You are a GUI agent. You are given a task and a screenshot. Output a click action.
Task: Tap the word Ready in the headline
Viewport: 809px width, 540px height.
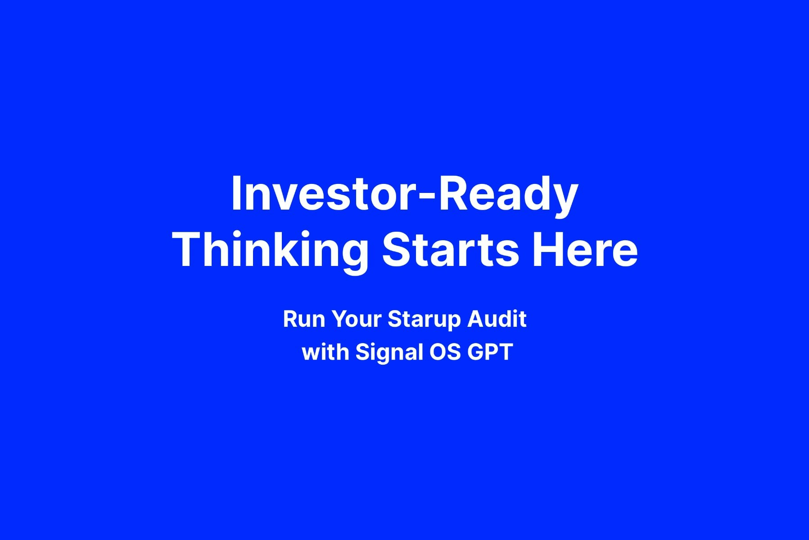click(x=508, y=196)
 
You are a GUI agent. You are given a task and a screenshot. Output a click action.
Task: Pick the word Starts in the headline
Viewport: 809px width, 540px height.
click(x=451, y=250)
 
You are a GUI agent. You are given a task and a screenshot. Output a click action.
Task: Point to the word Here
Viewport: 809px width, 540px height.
click(x=585, y=250)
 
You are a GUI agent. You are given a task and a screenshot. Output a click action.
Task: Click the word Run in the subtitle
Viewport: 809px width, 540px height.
click(x=304, y=319)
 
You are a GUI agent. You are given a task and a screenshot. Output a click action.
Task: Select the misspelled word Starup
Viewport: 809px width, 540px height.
click(x=424, y=320)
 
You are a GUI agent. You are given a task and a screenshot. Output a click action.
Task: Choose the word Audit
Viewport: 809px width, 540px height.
click(x=497, y=319)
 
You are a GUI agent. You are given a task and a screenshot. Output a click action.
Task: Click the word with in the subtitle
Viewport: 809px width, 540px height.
click(x=325, y=352)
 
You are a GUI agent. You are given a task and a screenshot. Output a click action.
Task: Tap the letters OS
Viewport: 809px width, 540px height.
click(x=445, y=352)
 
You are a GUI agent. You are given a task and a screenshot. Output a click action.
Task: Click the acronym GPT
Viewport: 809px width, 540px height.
click(x=490, y=352)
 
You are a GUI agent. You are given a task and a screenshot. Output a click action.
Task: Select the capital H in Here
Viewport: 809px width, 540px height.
click(x=547, y=250)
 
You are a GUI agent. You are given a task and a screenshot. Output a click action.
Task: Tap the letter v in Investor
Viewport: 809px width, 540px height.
click(x=283, y=197)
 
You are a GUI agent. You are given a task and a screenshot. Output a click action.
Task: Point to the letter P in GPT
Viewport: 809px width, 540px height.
click(x=491, y=352)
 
